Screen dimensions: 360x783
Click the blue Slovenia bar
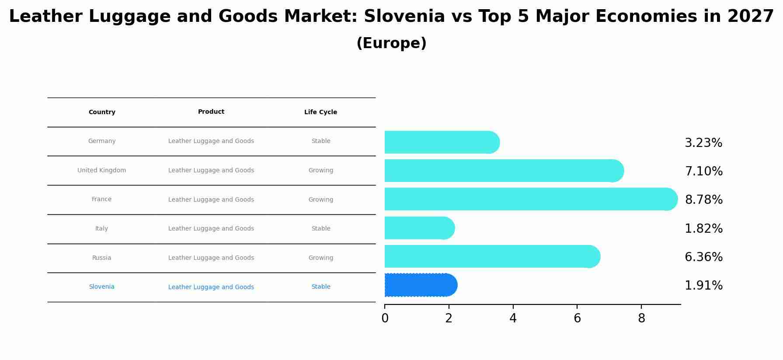click(420, 285)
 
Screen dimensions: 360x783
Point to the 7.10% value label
click(703, 171)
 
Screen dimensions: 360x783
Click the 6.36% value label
click(703, 257)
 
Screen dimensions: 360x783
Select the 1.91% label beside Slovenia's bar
click(703, 286)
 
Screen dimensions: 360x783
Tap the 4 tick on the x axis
click(513, 318)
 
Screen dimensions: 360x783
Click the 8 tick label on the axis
click(641, 318)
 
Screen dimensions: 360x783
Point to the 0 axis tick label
click(385, 318)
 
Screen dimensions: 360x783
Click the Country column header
click(102, 112)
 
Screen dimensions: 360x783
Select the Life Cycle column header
click(320, 112)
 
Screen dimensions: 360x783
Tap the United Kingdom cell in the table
click(101, 171)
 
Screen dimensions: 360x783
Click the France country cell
click(101, 199)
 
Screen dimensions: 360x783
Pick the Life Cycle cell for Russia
click(320, 258)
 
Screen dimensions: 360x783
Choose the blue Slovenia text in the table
click(101, 287)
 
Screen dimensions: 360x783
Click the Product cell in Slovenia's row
click(211, 287)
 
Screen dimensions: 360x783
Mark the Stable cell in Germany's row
click(320, 141)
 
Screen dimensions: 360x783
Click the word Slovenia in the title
click(404, 17)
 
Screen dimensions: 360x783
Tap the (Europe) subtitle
click(391, 43)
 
